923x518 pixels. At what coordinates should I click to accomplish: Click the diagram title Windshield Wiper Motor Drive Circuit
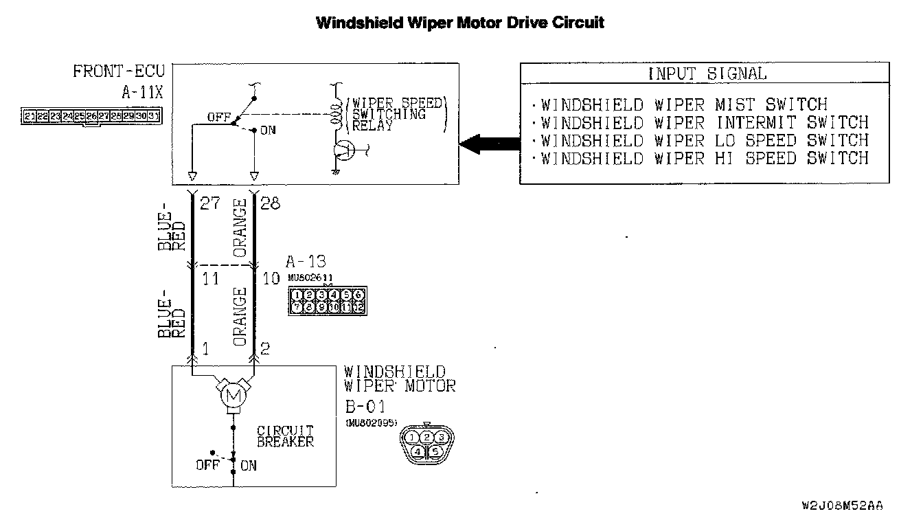point(460,23)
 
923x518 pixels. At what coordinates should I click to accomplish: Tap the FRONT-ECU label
point(121,72)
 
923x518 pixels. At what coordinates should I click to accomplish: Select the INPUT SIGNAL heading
point(707,74)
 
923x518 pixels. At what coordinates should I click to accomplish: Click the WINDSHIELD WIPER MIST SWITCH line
point(684,105)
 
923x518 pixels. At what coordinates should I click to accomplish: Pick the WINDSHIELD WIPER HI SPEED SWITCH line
point(705,159)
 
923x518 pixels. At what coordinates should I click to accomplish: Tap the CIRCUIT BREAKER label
point(285,437)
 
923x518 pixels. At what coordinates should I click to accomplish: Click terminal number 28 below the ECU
point(270,204)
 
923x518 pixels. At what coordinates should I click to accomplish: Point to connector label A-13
point(306,262)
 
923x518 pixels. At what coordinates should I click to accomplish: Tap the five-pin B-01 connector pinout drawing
point(426,443)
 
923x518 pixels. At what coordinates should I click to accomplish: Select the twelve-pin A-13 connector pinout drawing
point(327,301)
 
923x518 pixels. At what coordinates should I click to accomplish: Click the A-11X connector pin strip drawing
point(91,116)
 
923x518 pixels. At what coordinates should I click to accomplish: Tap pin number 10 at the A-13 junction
point(271,279)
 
